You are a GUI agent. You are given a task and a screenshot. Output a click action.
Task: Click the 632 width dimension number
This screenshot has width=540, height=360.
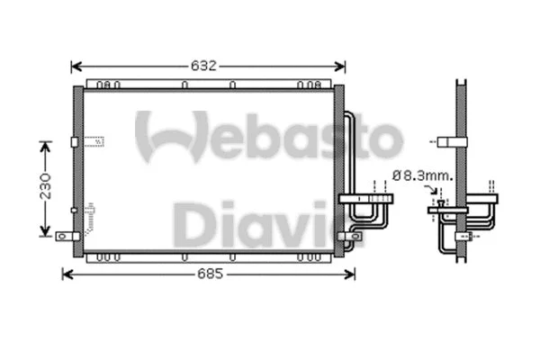coord(207,66)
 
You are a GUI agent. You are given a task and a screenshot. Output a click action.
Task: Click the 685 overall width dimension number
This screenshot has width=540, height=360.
coord(207,274)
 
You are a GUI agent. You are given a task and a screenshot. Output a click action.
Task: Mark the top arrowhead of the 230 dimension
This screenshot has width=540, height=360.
coord(42,144)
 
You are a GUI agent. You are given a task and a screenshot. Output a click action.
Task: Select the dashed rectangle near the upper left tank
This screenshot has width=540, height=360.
coord(94,140)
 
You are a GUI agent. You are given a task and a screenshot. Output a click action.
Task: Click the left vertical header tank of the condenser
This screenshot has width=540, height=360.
coord(78,166)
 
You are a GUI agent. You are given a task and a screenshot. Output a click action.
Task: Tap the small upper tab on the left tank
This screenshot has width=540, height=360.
coord(73,141)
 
